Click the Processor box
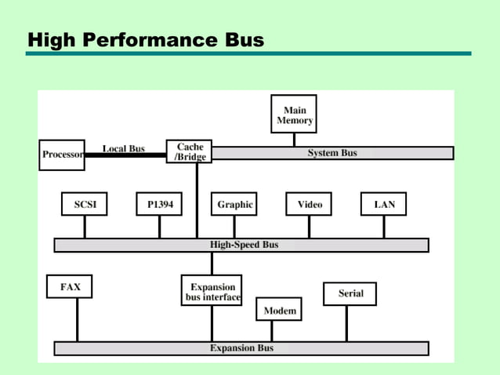(x=62, y=155)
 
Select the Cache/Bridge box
(x=189, y=152)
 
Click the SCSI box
(x=85, y=204)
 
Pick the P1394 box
(x=159, y=204)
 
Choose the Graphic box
(x=234, y=204)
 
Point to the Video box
(x=309, y=204)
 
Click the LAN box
(x=384, y=204)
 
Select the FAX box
(x=70, y=288)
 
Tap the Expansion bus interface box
(x=212, y=292)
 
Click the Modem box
(x=279, y=311)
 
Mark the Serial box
(x=350, y=293)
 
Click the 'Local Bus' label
(x=123, y=148)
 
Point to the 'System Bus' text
(x=332, y=153)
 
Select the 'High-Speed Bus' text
(x=244, y=245)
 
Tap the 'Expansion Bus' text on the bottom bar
(x=241, y=348)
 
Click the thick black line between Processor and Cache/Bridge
(x=125, y=155)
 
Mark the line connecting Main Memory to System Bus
(x=294, y=140)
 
